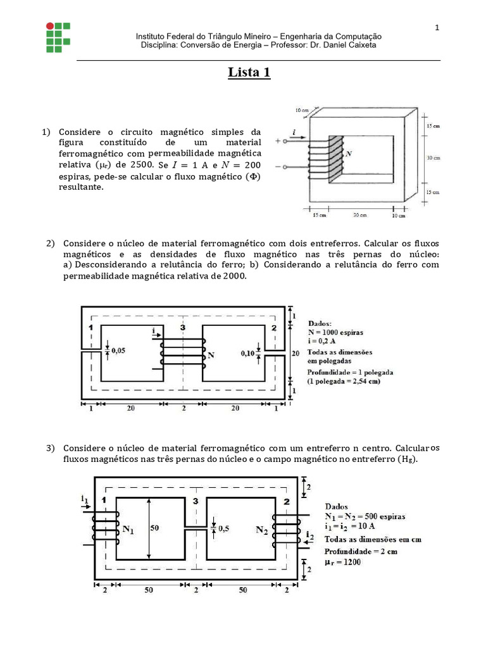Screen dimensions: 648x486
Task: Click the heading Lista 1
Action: (x=249, y=73)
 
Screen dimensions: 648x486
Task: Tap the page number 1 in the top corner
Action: (x=437, y=27)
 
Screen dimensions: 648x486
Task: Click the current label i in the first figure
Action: (x=294, y=132)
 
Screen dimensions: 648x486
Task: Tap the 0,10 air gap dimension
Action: (x=249, y=354)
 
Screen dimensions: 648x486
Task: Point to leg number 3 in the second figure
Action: (x=183, y=328)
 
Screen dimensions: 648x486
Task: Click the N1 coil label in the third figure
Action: (x=129, y=528)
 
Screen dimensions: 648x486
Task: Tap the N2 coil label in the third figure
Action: (x=261, y=530)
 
